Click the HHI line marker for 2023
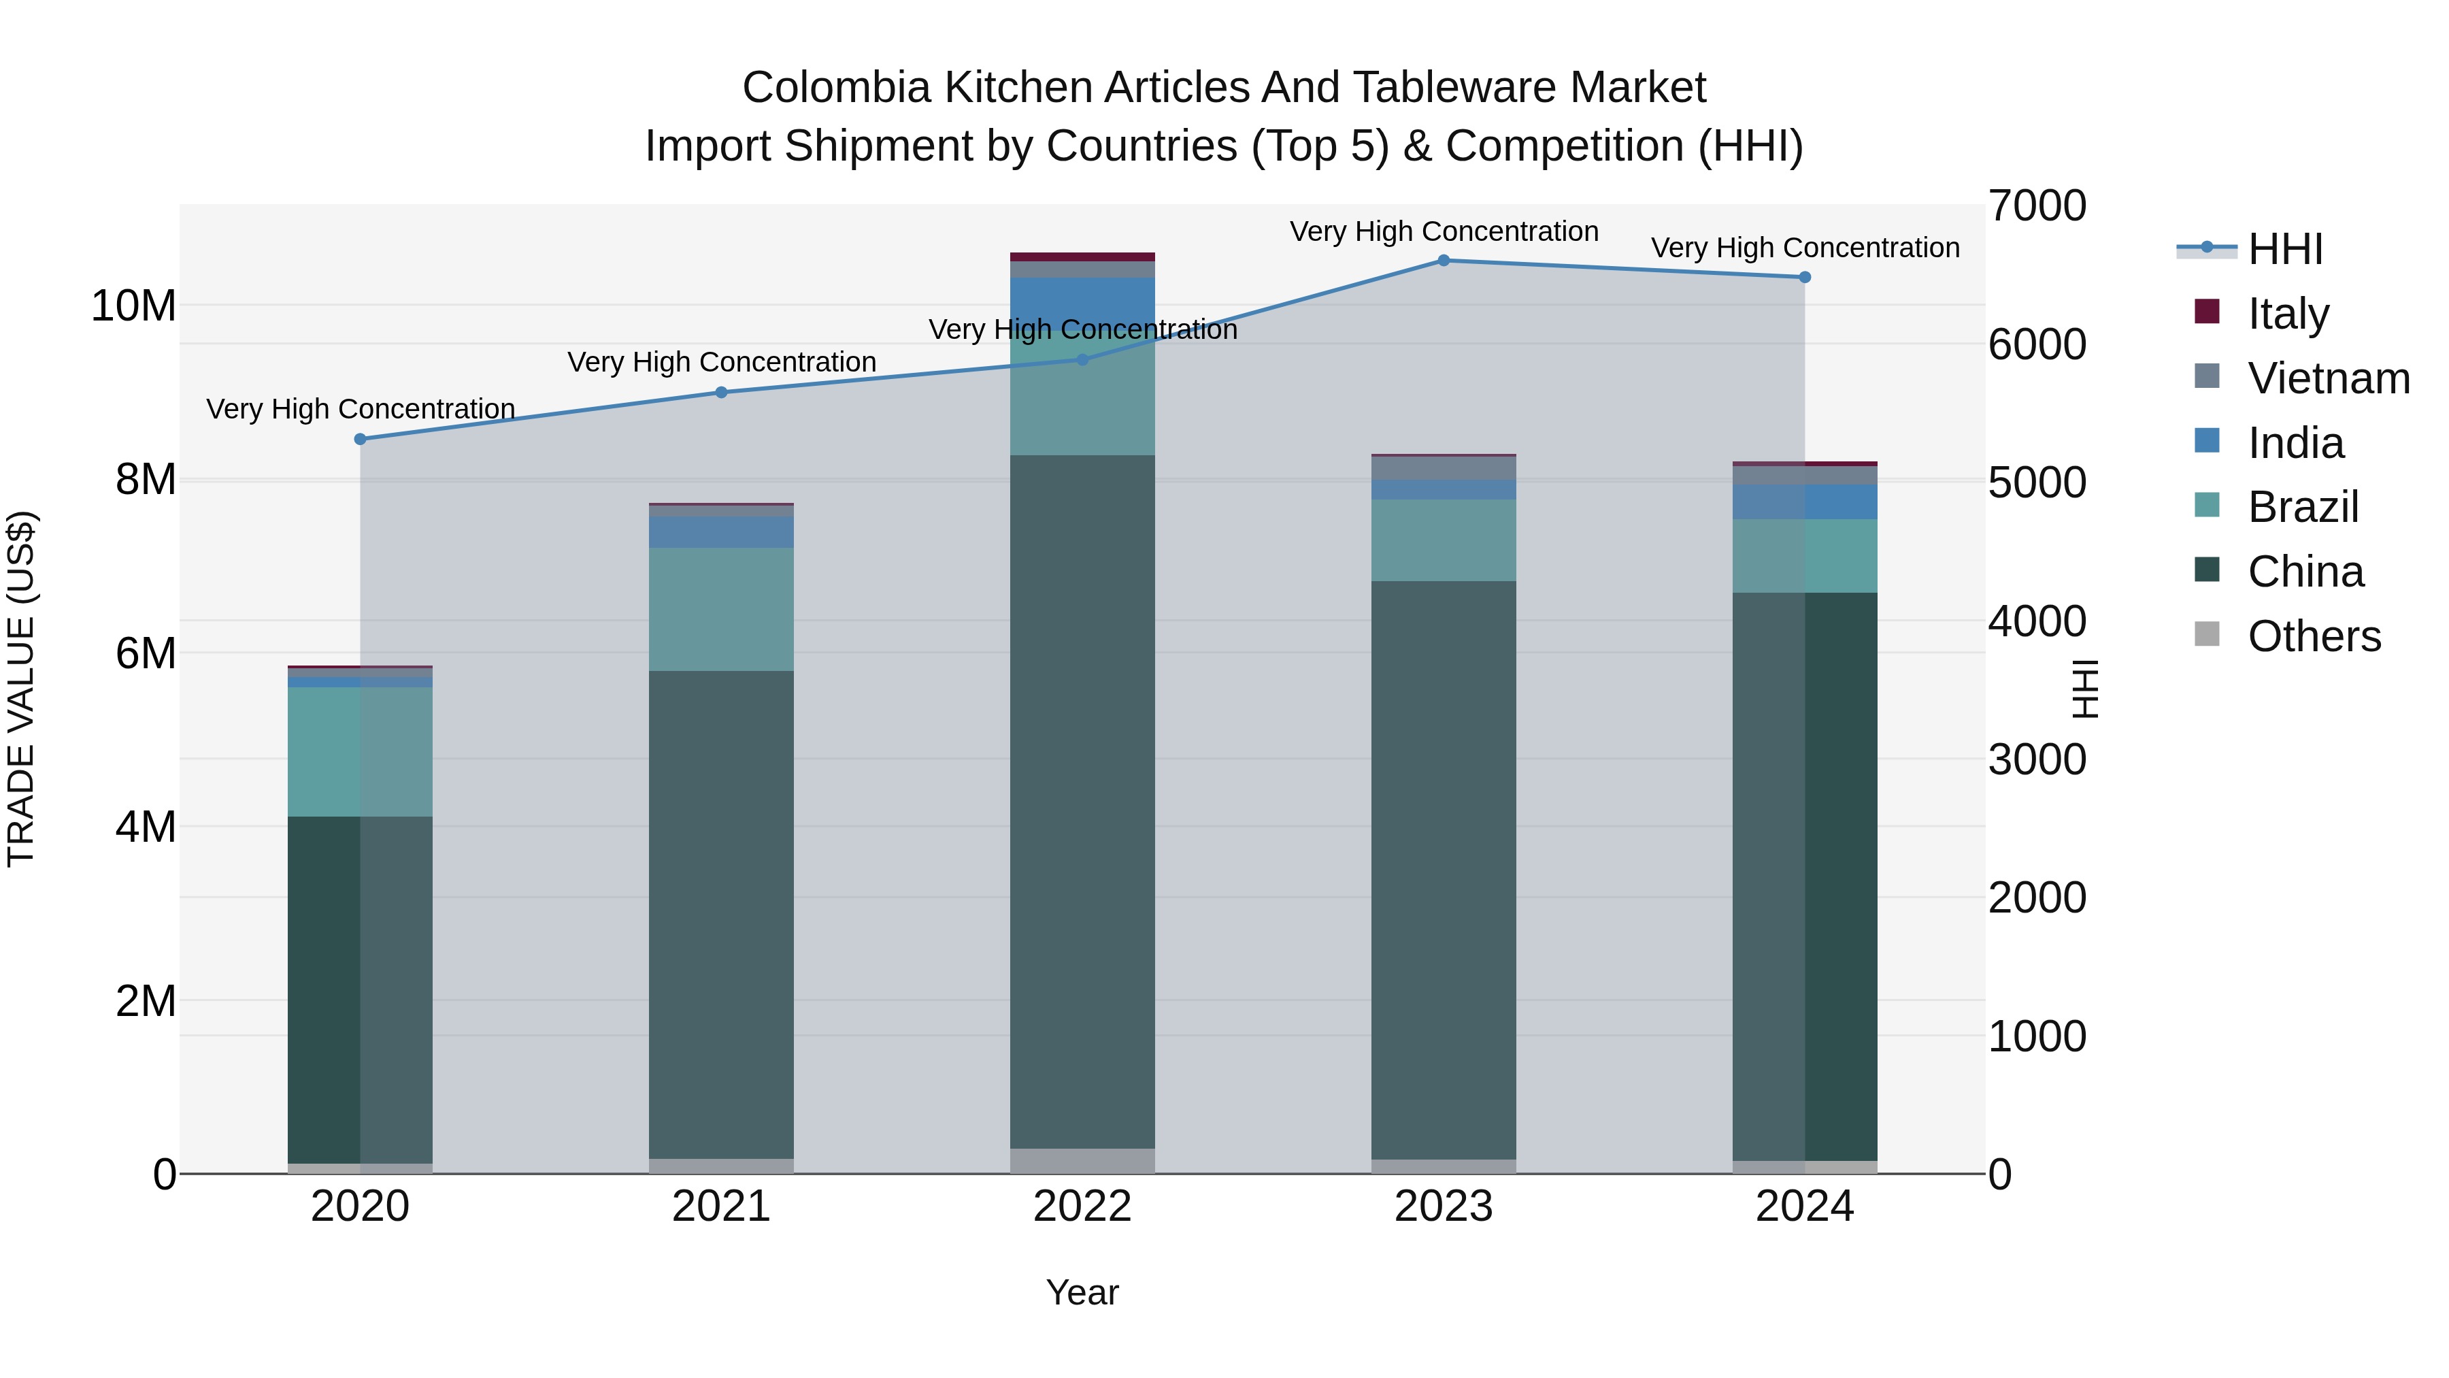[1443, 261]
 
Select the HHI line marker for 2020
[361, 440]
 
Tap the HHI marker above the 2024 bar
[1804, 278]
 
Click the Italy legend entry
[2287, 313]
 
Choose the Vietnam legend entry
[2327, 378]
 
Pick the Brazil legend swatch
[2207, 506]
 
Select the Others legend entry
[2313, 636]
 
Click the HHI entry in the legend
[2284, 249]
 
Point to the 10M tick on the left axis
[133, 306]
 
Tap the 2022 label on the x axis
[1082, 1207]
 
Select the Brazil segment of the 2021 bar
[720, 608]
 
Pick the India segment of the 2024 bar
[1804, 502]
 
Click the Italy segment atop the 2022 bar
[1082, 257]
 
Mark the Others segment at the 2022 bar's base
[1082, 1161]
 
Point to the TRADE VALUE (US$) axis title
[21, 689]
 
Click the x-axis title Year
[1082, 1292]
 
